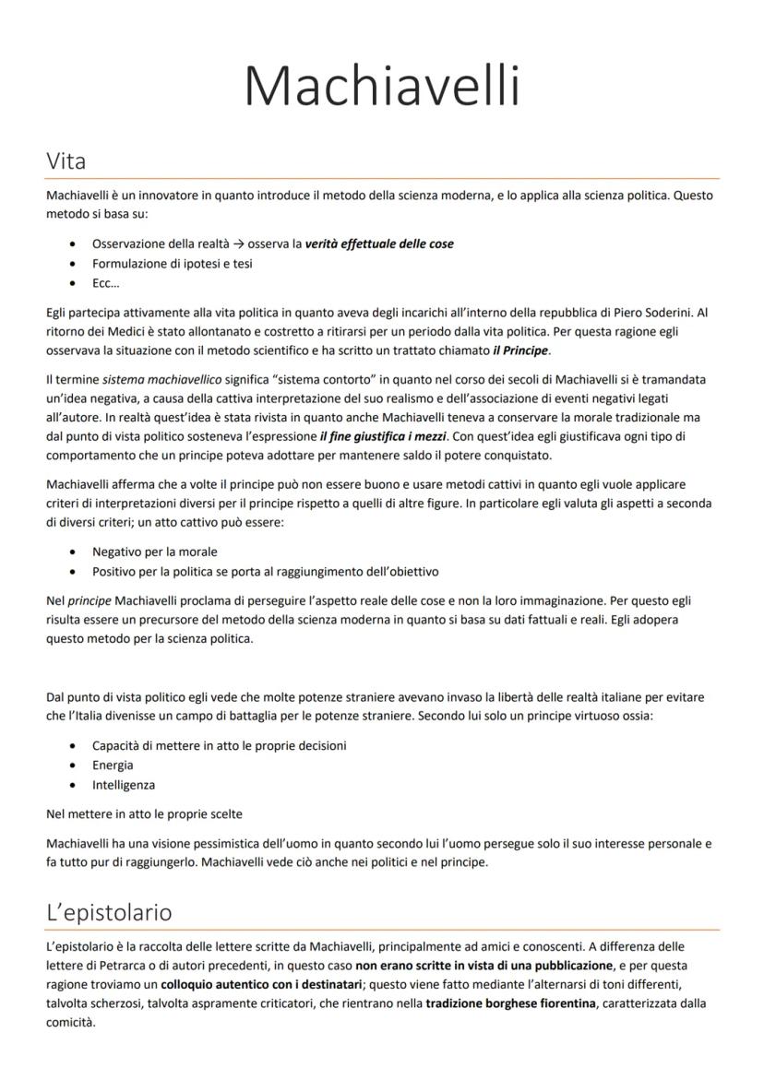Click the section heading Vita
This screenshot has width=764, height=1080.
[x=66, y=161]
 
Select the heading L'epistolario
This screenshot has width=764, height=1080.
[x=109, y=913]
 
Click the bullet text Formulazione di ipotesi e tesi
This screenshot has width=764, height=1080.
[x=173, y=264]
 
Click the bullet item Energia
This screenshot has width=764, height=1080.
[x=113, y=765]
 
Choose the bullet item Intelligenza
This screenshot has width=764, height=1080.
[x=124, y=785]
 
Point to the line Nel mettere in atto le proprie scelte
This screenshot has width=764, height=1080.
[x=144, y=814]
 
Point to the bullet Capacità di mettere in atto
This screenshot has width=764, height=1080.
[x=220, y=745]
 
